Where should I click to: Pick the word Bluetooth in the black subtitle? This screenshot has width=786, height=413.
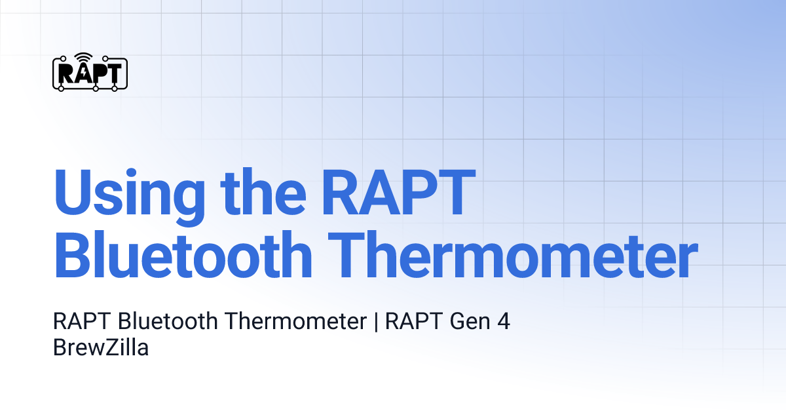coord(169,322)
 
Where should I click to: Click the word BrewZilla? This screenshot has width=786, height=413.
coord(101,347)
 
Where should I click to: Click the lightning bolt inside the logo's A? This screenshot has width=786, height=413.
coord(83,73)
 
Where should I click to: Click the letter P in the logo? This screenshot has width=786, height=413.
coord(98,73)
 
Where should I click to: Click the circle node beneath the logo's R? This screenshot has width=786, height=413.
coord(62,87)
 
